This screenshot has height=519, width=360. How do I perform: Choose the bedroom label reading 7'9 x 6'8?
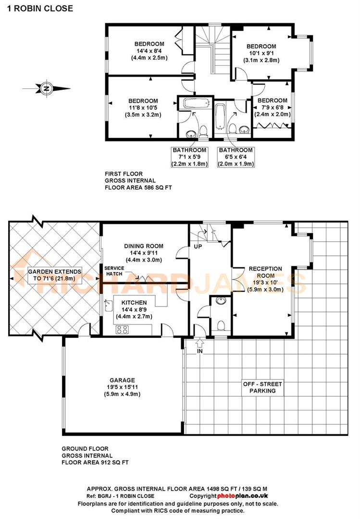pos(272,107)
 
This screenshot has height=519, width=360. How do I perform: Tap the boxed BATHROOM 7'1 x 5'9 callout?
pos(190,157)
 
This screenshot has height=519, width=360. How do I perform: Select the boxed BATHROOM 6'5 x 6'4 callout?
pos(236,157)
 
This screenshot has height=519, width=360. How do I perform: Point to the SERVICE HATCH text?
pos(114,271)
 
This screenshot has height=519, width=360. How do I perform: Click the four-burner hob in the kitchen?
pos(123,330)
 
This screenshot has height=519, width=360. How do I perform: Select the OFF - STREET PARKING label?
pos(262,387)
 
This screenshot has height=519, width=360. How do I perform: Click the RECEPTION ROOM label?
pos(265,279)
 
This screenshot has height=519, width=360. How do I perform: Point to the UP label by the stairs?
pos(197,246)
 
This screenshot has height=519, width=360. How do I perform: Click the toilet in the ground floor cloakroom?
pos(222,325)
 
